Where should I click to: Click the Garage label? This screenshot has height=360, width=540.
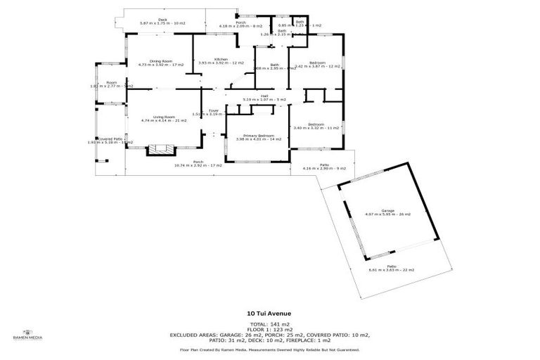coord(387,212)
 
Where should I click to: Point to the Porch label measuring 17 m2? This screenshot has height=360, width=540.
coord(198,164)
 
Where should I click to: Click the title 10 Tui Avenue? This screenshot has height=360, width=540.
coord(270,314)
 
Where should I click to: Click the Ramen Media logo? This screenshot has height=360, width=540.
coord(28,335)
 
